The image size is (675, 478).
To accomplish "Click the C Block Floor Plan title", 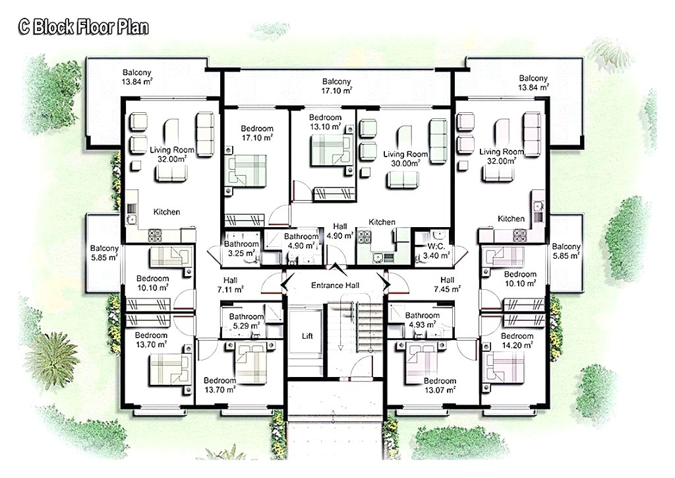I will coord(83,27).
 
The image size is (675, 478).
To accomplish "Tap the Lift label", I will coord(307,335).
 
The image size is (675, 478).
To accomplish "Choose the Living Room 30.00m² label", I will coord(405,158).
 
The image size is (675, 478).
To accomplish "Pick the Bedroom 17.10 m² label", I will coord(256,133).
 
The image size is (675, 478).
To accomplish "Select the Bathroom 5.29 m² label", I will coord(247,321).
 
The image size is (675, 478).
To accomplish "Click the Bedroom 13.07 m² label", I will coord(440,386).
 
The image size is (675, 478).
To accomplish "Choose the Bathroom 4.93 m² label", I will coord(422,320).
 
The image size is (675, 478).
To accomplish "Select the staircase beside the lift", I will coord(353,330).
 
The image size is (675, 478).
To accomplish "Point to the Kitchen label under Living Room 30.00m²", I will coord(382,222).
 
